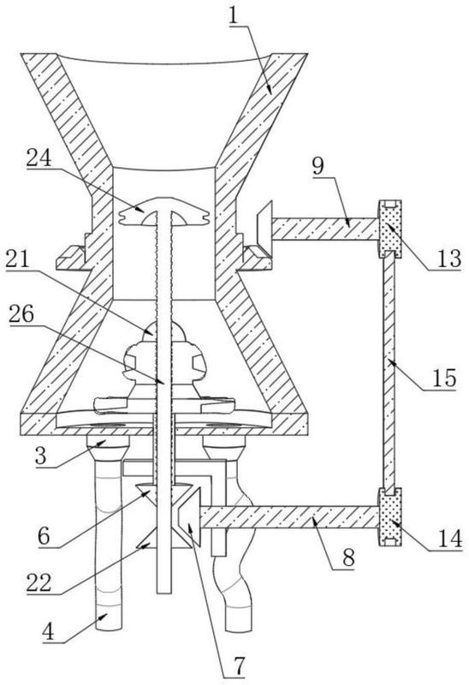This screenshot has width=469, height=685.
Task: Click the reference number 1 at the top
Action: point(235,16)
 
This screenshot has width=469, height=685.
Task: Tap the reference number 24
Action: point(39,158)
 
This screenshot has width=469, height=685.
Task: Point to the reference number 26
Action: point(21,313)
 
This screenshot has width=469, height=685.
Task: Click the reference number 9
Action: point(318,166)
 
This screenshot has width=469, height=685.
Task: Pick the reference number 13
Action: point(449,259)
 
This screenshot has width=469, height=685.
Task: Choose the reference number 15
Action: point(445,377)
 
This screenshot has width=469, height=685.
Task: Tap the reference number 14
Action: point(450,539)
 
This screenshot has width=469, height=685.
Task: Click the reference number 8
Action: point(348,558)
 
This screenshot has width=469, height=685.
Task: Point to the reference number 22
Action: point(39,582)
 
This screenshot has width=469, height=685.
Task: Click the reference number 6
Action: point(44,536)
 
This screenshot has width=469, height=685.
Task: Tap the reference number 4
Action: point(49,631)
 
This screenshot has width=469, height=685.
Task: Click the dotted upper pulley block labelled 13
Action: point(389,229)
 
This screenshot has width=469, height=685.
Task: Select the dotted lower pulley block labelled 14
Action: point(389,517)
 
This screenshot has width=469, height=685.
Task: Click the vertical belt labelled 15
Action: point(389,372)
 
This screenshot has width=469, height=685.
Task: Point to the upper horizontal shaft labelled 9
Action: point(325,229)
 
